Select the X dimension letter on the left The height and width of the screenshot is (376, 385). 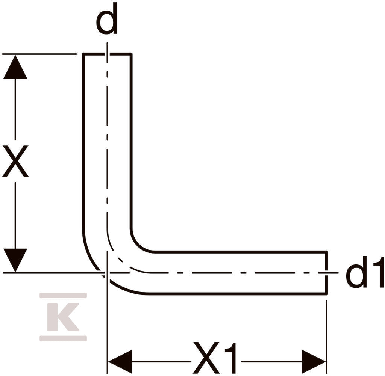(x=15, y=161)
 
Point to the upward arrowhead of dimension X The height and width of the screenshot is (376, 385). (x=15, y=66)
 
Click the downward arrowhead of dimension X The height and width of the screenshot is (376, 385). (x=15, y=260)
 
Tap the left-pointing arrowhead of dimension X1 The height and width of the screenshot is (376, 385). (x=120, y=361)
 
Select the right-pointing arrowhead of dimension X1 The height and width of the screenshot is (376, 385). (x=314, y=361)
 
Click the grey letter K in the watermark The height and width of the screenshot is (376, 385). (x=63, y=317)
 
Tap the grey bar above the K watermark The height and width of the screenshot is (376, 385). (x=63, y=295)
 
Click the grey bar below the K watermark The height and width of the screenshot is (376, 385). (x=63, y=338)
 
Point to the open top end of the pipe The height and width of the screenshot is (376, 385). (x=107, y=54)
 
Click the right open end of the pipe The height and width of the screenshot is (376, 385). (x=327, y=272)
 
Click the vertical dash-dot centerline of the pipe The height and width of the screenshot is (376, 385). (x=107, y=137)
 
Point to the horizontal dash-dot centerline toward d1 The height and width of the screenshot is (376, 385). (x=236, y=272)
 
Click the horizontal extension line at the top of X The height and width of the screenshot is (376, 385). (x=39, y=54)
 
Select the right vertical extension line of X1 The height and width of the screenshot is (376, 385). (x=327, y=337)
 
